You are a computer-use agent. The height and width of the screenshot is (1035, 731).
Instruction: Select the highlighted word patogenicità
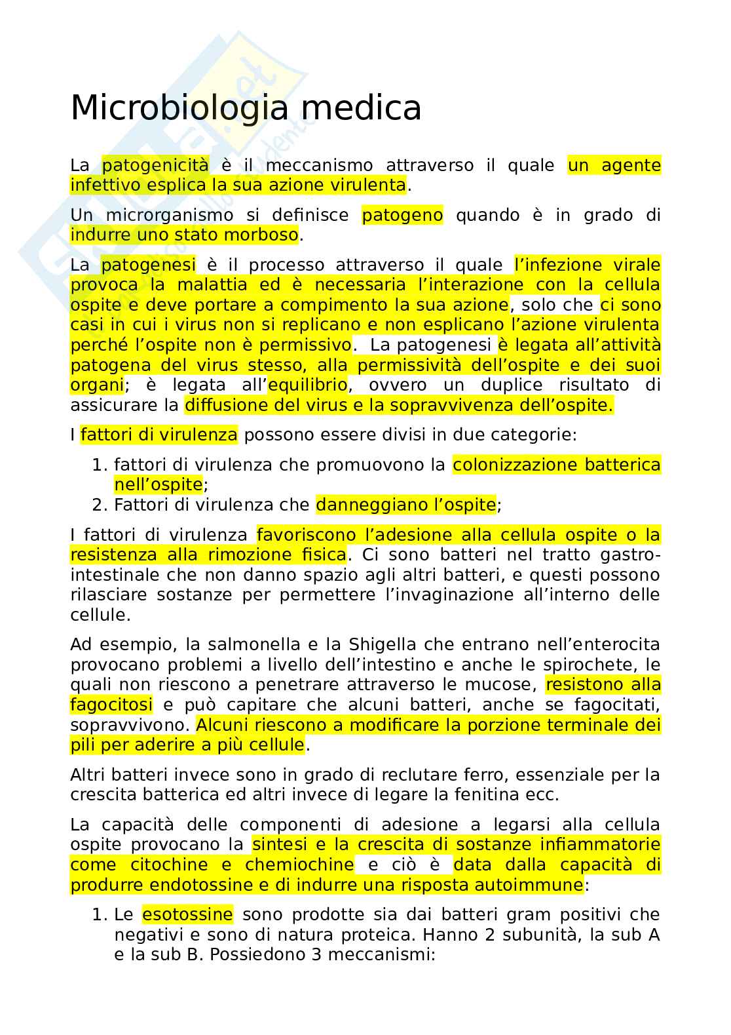tap(155, 165)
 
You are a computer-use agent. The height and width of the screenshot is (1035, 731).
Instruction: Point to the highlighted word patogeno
tap(402, 215)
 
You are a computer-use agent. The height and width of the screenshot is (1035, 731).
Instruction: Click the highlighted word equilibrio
tap(307, 385)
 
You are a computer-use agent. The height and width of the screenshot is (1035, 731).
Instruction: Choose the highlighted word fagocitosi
tap(111, 705)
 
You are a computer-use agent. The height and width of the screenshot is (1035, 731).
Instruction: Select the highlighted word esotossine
tap(187, 914)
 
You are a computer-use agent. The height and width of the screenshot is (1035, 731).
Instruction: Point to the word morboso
tap(261, 235)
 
